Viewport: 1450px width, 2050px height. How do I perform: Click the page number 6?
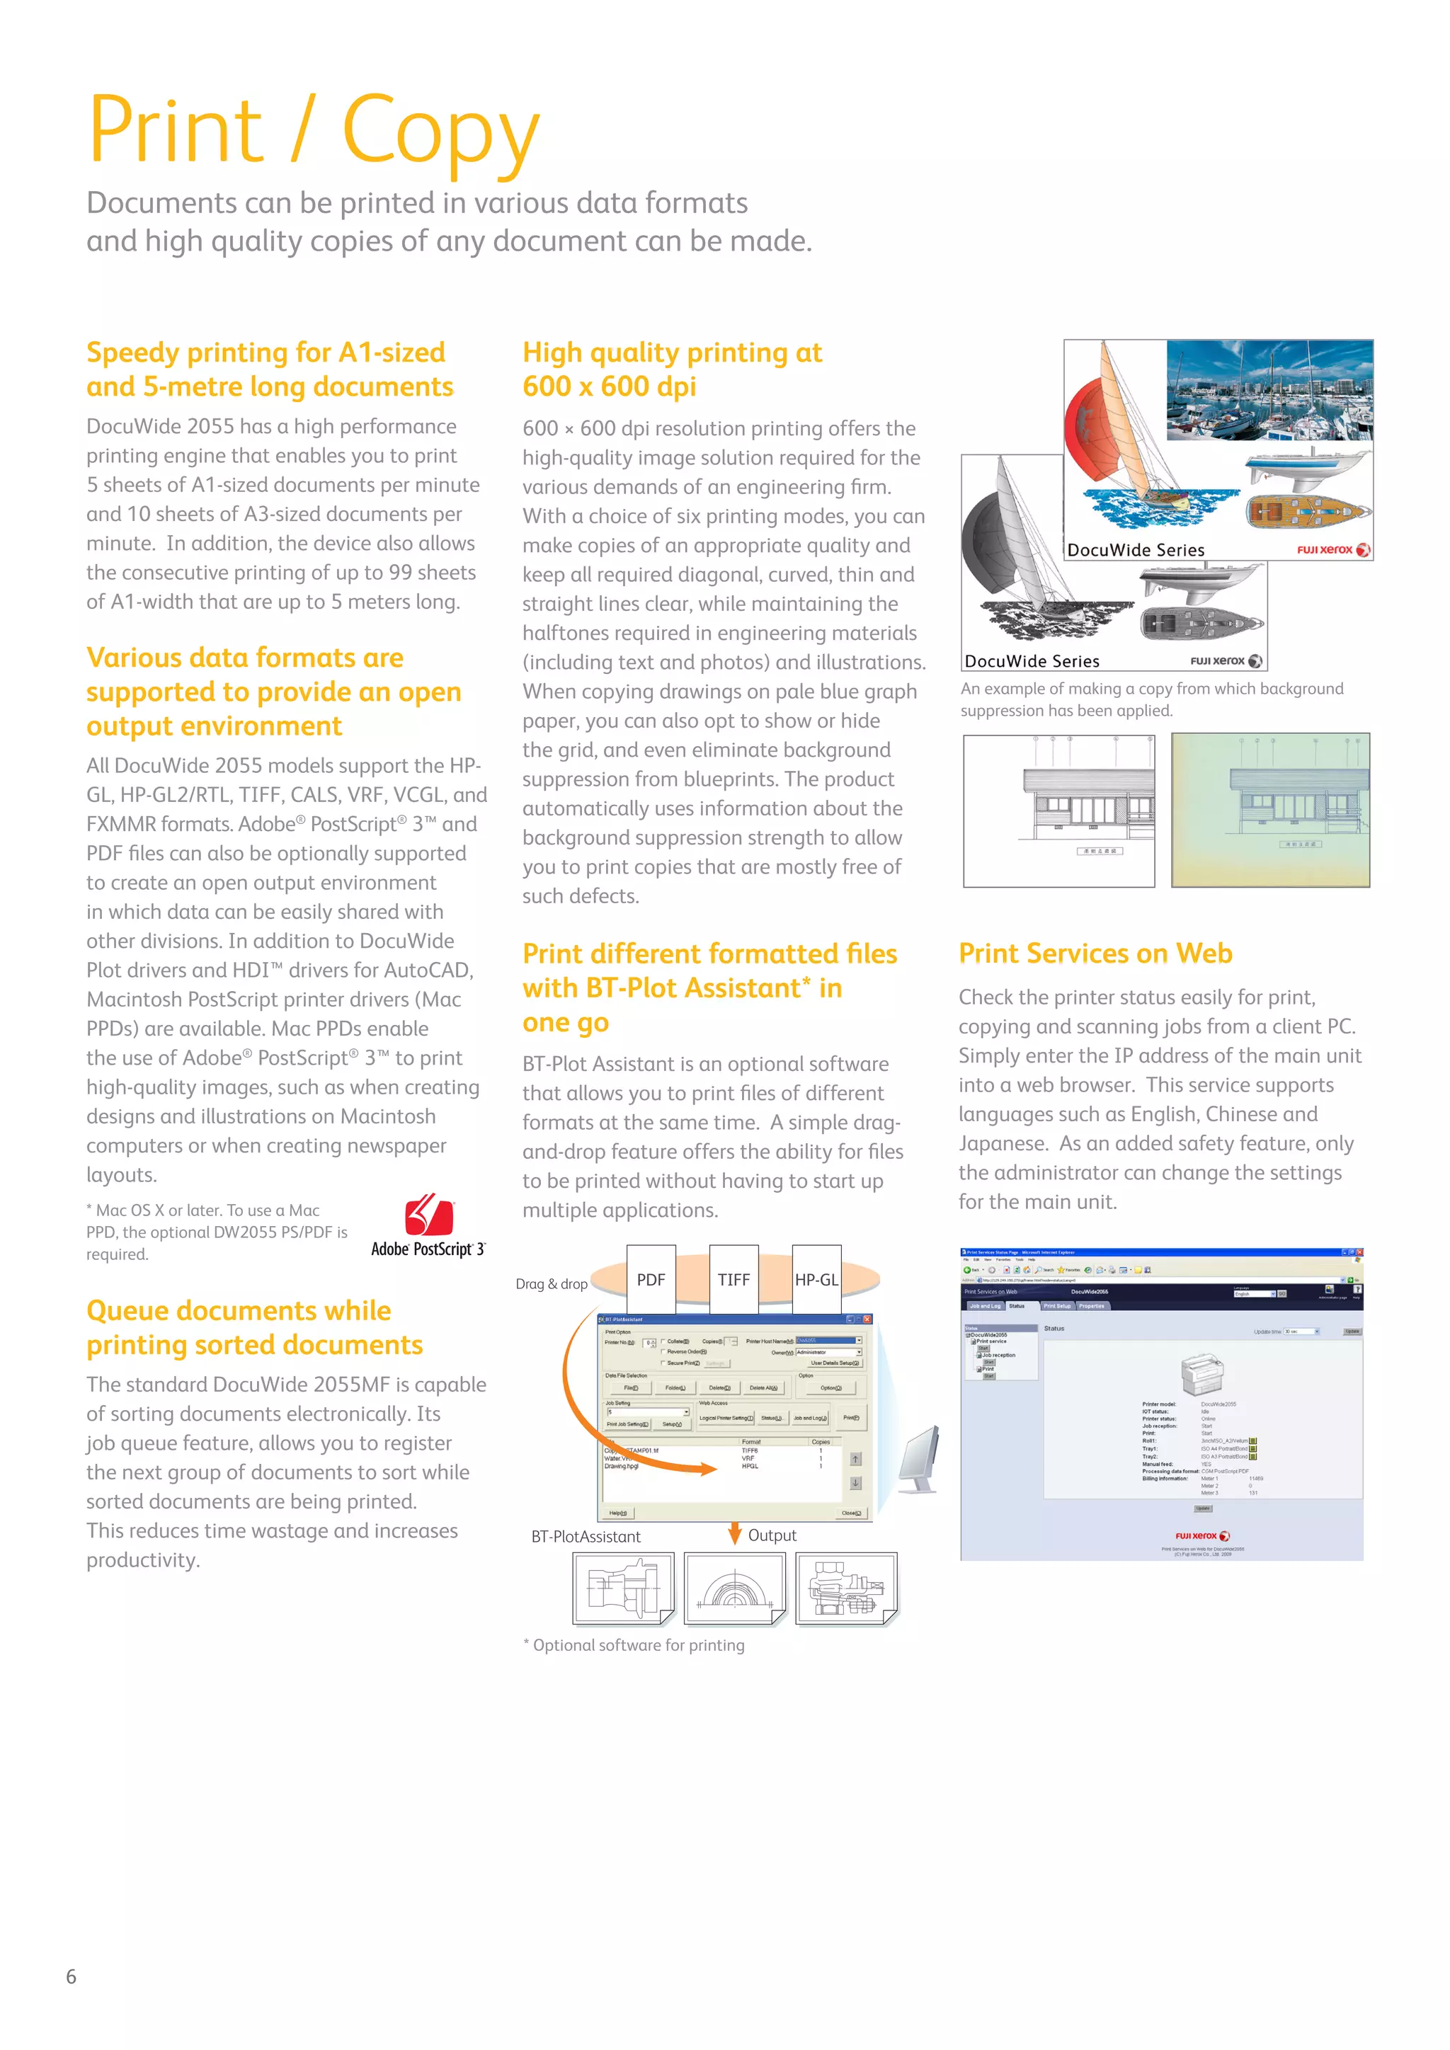click(x=72, y=1976)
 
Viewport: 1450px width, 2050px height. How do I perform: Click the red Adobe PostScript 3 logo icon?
click(x=430, y=1215)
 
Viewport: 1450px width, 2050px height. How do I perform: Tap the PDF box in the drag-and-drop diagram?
click(x=651, y=1279)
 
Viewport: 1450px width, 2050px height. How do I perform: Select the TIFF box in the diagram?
click(x=734, y=1279)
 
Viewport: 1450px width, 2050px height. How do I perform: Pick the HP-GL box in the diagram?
click(x=816, y=1279)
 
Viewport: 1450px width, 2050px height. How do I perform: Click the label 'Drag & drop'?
click(x=551, y=1284)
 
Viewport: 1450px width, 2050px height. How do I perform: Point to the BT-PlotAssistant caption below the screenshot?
click(x=586, y=1537)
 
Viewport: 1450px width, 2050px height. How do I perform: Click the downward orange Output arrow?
click(x=735, y=1533)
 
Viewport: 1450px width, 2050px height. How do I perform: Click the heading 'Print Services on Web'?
click(x=1095, y=954)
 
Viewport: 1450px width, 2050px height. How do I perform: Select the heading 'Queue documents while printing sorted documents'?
click(x=254, y=1328)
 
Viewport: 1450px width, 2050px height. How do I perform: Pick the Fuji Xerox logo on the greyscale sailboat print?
click(x=1226, y=660)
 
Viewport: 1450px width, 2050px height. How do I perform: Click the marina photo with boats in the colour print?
click(x=1269, y=390)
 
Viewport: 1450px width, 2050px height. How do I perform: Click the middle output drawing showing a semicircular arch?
click(x=734, y=1588)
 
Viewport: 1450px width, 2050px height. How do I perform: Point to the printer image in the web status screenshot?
click(x=1201, y=1373)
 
